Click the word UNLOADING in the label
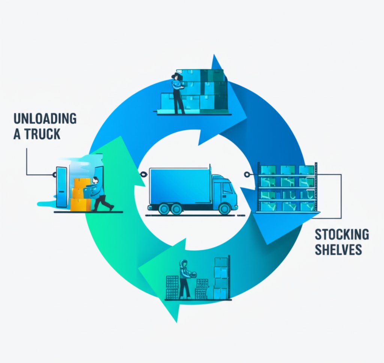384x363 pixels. pos(45,118)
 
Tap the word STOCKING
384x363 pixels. pos(342,234)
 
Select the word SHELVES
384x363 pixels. pos(338,250)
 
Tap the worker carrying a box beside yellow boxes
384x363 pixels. pos(99,194)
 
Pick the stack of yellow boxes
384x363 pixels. pos(80,195)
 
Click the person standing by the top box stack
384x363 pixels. pos(177,92)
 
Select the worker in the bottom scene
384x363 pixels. pos(184,278)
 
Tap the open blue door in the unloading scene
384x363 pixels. pos(61,187)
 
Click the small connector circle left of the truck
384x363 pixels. pos(142,174)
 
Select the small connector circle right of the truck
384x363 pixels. pos(246,174)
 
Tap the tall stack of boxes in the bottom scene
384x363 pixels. pos(221,278)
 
